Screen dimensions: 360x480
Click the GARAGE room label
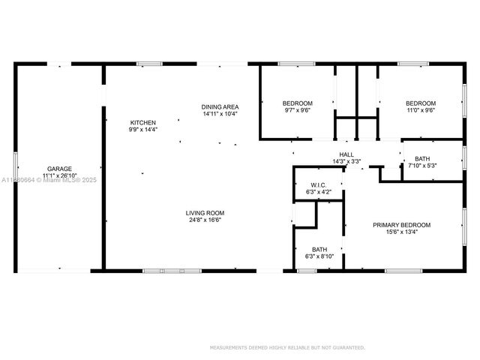60,169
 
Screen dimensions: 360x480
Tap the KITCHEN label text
142,122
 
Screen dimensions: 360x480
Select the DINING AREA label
219,106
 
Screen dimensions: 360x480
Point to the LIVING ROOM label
205,213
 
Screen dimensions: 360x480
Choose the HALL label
346,154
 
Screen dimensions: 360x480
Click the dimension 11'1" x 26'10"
60,176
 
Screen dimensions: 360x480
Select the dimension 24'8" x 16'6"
205,220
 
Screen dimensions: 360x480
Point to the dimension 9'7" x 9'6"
297,110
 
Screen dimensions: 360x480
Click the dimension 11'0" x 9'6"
421,110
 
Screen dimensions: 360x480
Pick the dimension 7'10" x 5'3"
422,166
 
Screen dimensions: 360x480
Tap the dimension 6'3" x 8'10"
319,257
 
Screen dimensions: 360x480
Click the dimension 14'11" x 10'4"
219,114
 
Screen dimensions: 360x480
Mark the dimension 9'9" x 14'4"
142,130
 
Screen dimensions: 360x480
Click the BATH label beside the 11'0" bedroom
422,158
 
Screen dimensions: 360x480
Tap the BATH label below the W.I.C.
319,250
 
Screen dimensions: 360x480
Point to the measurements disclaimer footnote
287,347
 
